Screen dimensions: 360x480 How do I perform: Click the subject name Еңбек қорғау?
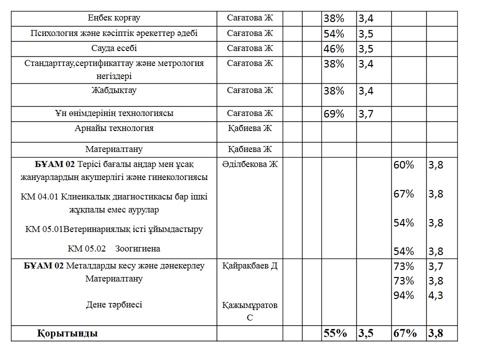(114, 18)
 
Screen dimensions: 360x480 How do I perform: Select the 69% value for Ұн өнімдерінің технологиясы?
(334, 114)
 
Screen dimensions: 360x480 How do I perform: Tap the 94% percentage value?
(404, 295)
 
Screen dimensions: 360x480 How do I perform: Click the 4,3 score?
(435, 295)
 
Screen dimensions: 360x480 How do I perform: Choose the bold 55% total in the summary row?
(335, 333)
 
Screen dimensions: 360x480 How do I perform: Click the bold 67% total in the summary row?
(404, 333)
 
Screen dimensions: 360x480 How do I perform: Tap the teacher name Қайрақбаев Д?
(249, 266)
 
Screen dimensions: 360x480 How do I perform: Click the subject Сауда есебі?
(114, 48)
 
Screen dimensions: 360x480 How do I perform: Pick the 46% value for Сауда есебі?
(334, 49)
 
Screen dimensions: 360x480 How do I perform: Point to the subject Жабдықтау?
(114, 90)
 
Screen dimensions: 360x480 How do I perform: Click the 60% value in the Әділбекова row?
(404, 165)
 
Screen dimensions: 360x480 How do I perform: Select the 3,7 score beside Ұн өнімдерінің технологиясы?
(366, 114)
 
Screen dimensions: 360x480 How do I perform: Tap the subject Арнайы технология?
(114, 128)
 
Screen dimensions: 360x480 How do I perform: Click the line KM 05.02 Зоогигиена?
(114, 248)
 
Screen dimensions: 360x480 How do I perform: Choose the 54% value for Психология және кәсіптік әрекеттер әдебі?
(334, 34)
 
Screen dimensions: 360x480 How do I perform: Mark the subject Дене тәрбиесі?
(114, 304)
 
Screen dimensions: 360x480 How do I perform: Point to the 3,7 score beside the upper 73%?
(435, 266)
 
